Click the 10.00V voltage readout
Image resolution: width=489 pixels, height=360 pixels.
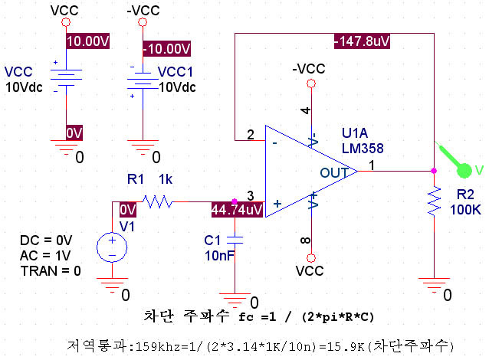[x=89, y=42]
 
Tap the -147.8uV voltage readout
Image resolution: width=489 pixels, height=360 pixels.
[x=362, y=41]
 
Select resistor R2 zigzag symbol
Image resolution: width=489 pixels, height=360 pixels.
[x=434, y=201]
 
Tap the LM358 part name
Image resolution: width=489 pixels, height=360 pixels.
[x=363, y=148]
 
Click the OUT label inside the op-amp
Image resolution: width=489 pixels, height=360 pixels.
[x=334, y=173]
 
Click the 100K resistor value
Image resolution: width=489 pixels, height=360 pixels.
[x=465, y=208]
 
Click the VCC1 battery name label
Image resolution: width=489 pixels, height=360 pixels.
[x=176, y=71]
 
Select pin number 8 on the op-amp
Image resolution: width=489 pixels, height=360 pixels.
[x=307, y=241]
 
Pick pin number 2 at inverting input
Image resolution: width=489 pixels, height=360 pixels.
[x=250, y=136]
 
